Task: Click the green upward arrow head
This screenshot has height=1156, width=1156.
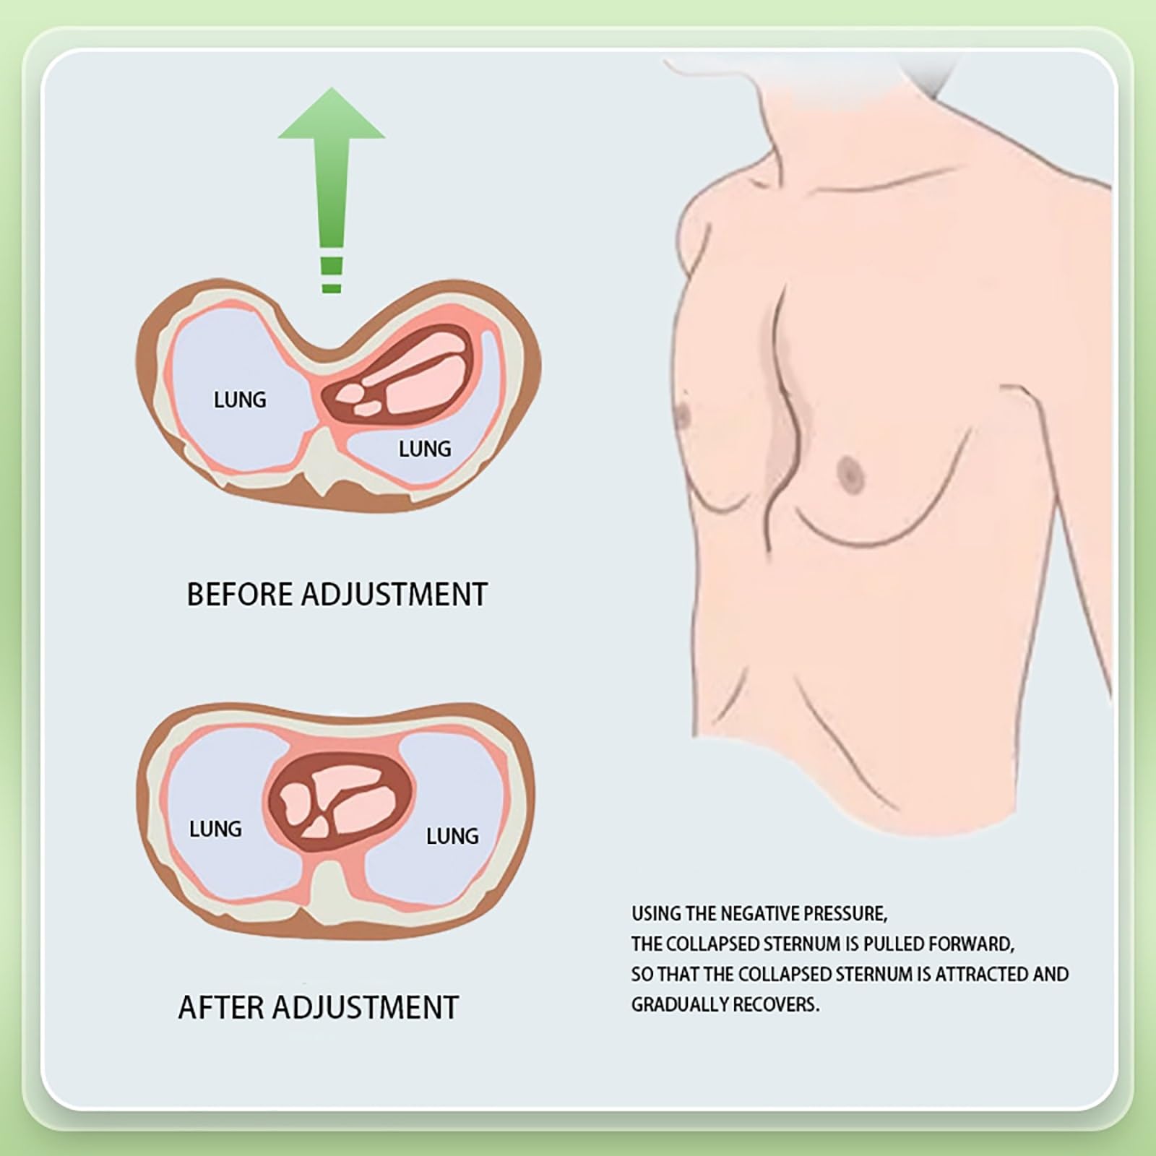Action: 332,116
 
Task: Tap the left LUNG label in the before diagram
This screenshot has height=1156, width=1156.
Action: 240,400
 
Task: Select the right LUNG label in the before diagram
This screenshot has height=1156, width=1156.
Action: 425,449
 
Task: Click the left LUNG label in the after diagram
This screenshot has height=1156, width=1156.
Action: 215,829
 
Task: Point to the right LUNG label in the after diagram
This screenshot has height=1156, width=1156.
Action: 452,836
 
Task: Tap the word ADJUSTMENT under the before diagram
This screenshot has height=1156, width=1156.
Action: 394,594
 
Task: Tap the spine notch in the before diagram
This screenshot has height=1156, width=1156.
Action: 327,462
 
